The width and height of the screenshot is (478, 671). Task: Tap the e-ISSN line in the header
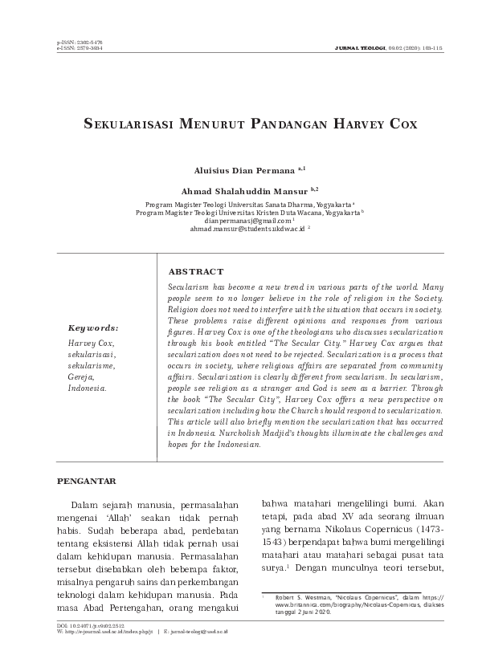coord(80,47)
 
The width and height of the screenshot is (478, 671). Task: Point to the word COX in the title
coord(377,126)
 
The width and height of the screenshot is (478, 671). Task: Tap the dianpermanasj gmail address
coord(237,220)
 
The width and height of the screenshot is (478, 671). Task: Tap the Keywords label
coord(92,327)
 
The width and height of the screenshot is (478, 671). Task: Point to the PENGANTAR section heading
coord(90,481)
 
